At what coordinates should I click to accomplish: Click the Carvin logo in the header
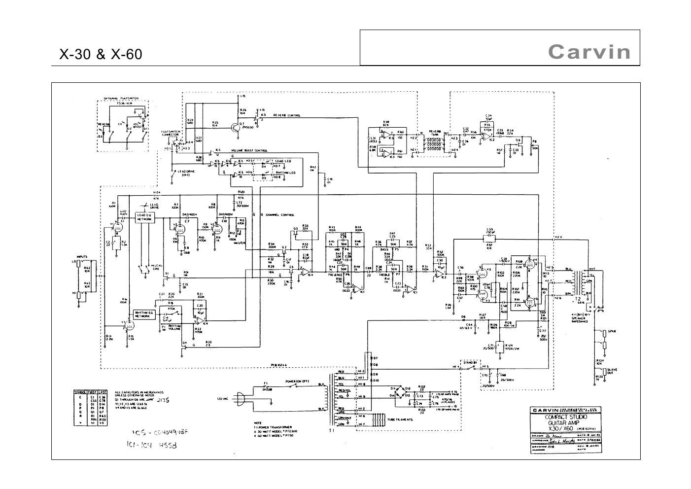589,52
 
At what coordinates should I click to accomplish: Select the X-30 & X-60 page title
101,54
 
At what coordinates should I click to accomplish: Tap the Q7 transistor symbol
235,126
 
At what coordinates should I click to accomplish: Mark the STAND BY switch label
468,362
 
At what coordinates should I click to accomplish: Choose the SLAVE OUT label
613,372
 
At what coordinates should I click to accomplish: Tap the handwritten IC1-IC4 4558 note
151,445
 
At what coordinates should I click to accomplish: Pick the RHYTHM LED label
286,173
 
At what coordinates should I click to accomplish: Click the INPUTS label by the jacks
82,256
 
